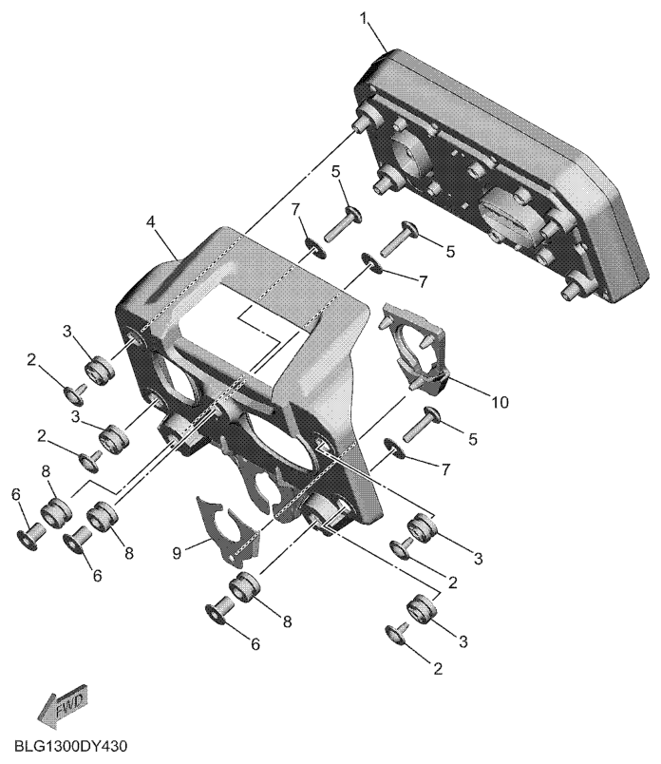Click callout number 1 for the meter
pyautogui.click(x=363, y=20)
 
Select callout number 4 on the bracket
pyautogui.click(x=150, y=221)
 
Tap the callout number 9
pyautogui.click(x=177, y=553)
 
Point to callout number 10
pyautogui.click(x=500, y=402)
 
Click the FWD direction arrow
pyautogui.click(x=63, y=704)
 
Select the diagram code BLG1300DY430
pyautogui.click(x=70, y=747)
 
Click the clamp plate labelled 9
pyautogui.click(x=227, y=531)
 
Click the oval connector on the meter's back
pyautogui.click(x=506, y=215)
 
